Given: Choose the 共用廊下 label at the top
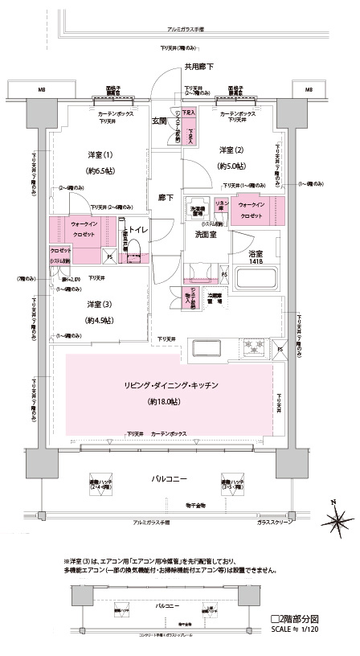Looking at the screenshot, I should (198, 67).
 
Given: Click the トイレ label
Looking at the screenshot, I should (136, 228).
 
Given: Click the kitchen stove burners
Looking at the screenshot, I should (256, 346).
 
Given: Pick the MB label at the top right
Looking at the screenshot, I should (309, 89).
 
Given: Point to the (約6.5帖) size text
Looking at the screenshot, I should (100, 170).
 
